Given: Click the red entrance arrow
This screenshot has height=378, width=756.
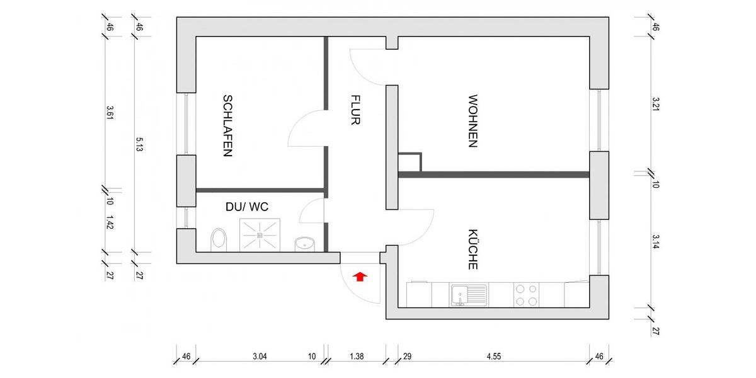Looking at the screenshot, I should click(x=360, y=276).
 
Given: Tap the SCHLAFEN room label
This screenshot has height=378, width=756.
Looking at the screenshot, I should click(x=227, y=125).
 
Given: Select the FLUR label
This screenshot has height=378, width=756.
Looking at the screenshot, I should click(x=355, y=110).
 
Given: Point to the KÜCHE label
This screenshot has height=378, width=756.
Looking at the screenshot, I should click(x=472, y=249).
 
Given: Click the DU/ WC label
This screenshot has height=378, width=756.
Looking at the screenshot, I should click(x=247, y=206).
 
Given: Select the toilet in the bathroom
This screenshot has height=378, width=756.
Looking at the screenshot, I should click(x=219, y=239).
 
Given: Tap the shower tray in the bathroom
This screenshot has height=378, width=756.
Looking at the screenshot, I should click(x=259, y=235).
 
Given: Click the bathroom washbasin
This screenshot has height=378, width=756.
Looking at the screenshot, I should click(x=304, y=243).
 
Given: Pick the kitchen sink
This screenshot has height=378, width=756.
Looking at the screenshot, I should click(x=468, y=294).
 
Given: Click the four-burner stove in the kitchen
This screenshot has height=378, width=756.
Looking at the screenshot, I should click(x=527, y=294).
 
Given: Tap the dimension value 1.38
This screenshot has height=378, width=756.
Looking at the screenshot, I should click(x=356, y=357).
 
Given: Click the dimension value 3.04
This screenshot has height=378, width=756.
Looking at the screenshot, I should click(x=260, y=357).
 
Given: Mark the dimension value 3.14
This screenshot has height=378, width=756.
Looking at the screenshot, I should click(x=655, y=242).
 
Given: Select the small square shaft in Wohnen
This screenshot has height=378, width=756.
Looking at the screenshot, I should click(x=409, y=162).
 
